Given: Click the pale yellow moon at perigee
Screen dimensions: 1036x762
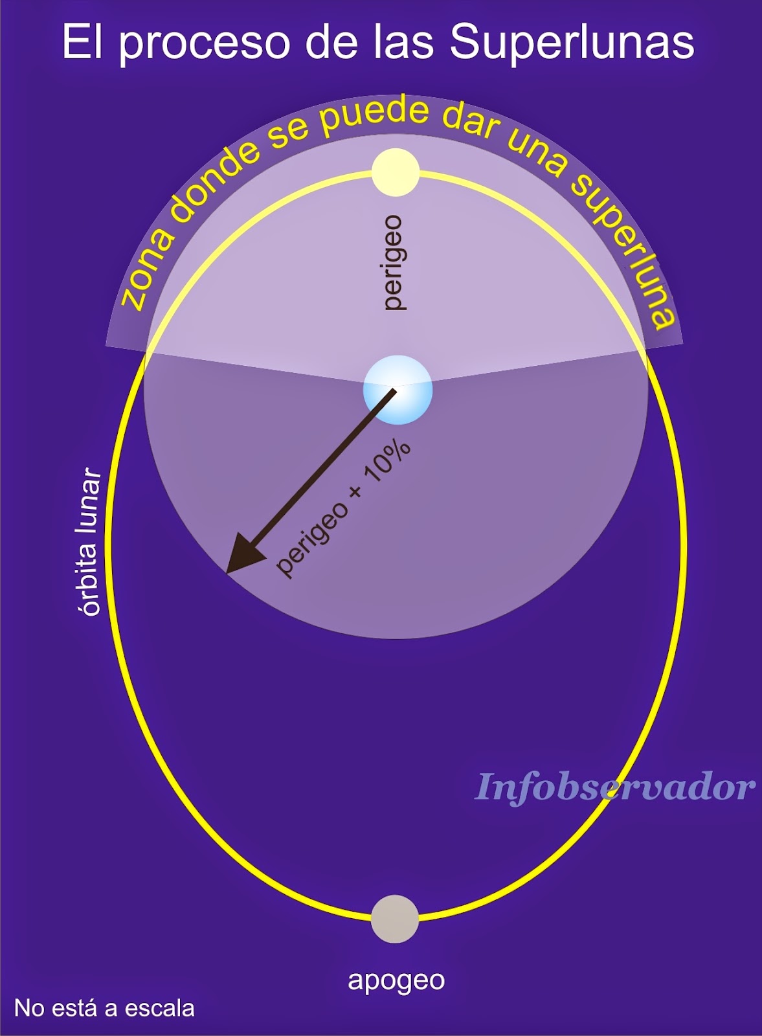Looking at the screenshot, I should pos(396,172).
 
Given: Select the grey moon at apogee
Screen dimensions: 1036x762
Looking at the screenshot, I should pos(395,919).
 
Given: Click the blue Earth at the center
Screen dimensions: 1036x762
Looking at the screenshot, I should pos(398,390).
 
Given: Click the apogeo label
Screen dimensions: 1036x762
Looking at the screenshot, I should pos(396,980).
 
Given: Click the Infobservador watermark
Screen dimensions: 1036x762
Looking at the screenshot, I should pos(614,787).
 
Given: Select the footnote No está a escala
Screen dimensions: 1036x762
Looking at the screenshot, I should pos(104,1008).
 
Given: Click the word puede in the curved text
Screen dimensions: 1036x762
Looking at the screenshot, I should pos(375,117).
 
